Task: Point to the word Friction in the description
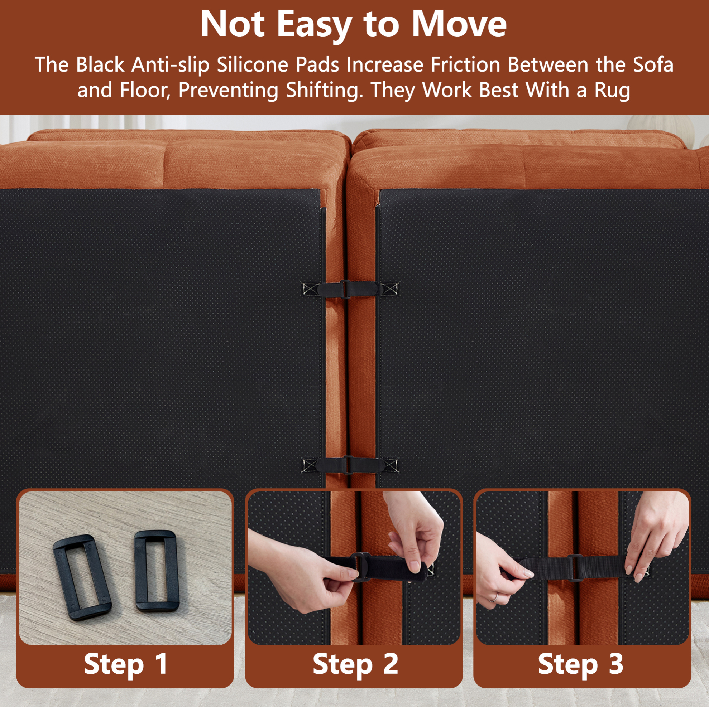(466, 64)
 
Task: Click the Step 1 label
(126, 664)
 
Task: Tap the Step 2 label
(355, 664)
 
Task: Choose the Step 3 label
(580, 664)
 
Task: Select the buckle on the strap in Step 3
(575, 568)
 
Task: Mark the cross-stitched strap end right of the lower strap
(391, 466)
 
